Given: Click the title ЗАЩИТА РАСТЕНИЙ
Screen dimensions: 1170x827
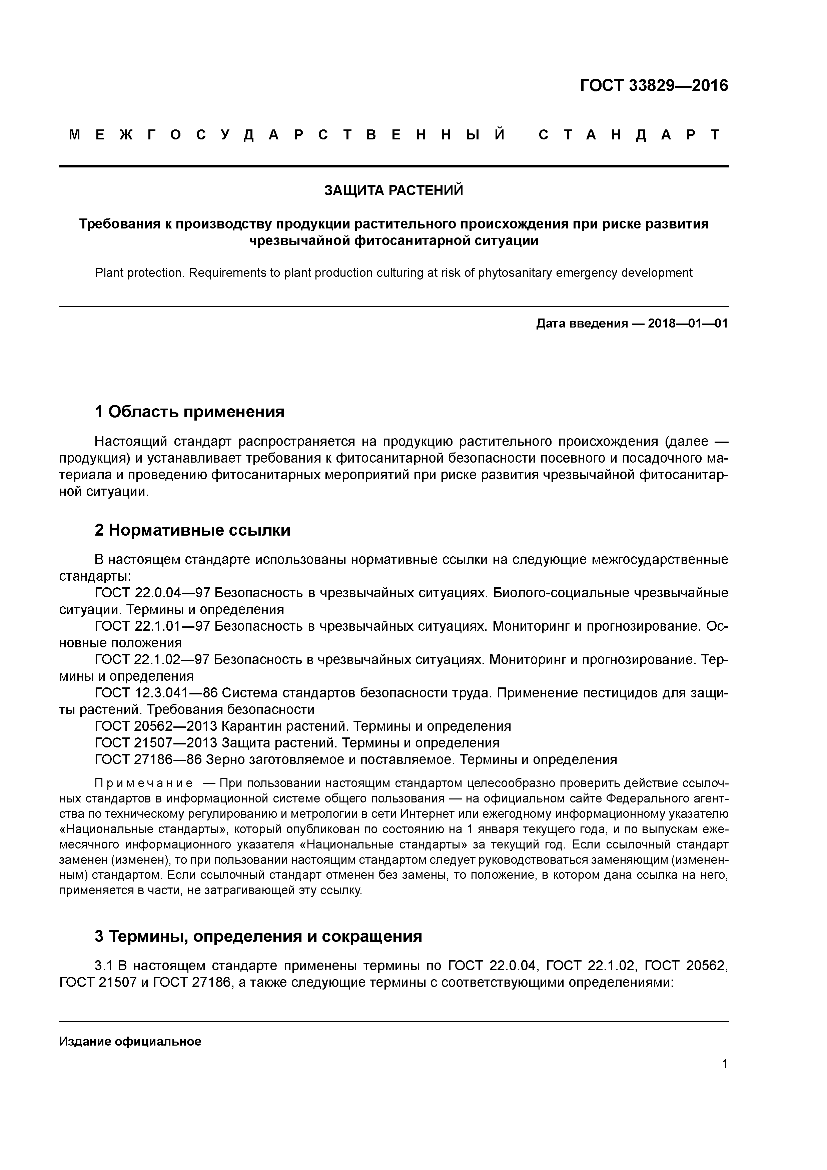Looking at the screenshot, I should [x=394, y=190].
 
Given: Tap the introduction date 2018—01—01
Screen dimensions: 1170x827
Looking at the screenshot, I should [x=687, y=324].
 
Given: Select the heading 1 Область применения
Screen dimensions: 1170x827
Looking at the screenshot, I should [x=189, y=411].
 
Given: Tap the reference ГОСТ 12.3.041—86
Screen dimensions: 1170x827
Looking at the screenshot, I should [x=156, y=693].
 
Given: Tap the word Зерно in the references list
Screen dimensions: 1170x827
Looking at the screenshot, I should [x=225, y=759].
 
